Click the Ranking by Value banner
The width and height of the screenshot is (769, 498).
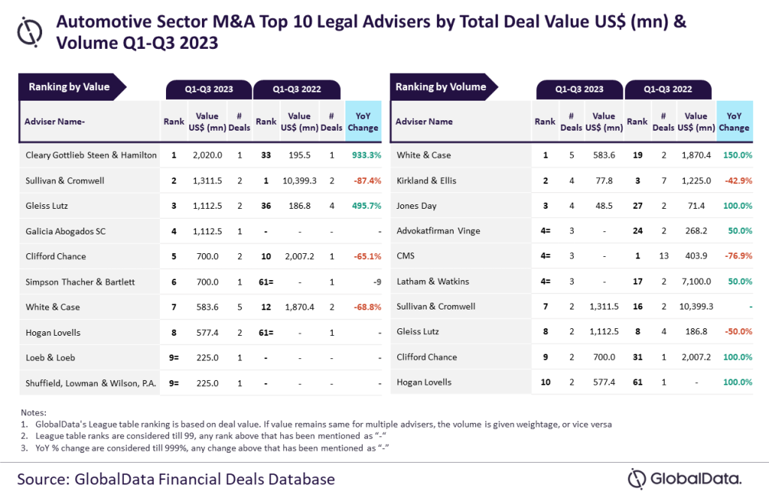[69, 87]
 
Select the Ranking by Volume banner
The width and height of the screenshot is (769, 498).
[441, 87]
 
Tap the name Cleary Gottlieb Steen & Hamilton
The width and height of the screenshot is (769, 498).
[91, 155]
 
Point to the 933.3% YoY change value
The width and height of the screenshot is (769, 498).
[363, 155]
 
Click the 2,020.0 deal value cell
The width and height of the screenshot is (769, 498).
[207, 155]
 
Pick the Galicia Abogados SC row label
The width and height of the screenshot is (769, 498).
[65, 231]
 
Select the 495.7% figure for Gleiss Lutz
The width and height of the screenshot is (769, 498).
[363, 206]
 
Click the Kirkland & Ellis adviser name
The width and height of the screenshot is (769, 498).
[427, 181]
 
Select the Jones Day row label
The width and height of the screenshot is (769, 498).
[417, 206]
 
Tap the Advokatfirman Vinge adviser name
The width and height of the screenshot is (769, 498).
[437, 231]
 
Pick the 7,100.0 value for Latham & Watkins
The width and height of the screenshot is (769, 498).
[696, 282]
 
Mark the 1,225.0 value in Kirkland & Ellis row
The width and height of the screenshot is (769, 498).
[696, 181]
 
